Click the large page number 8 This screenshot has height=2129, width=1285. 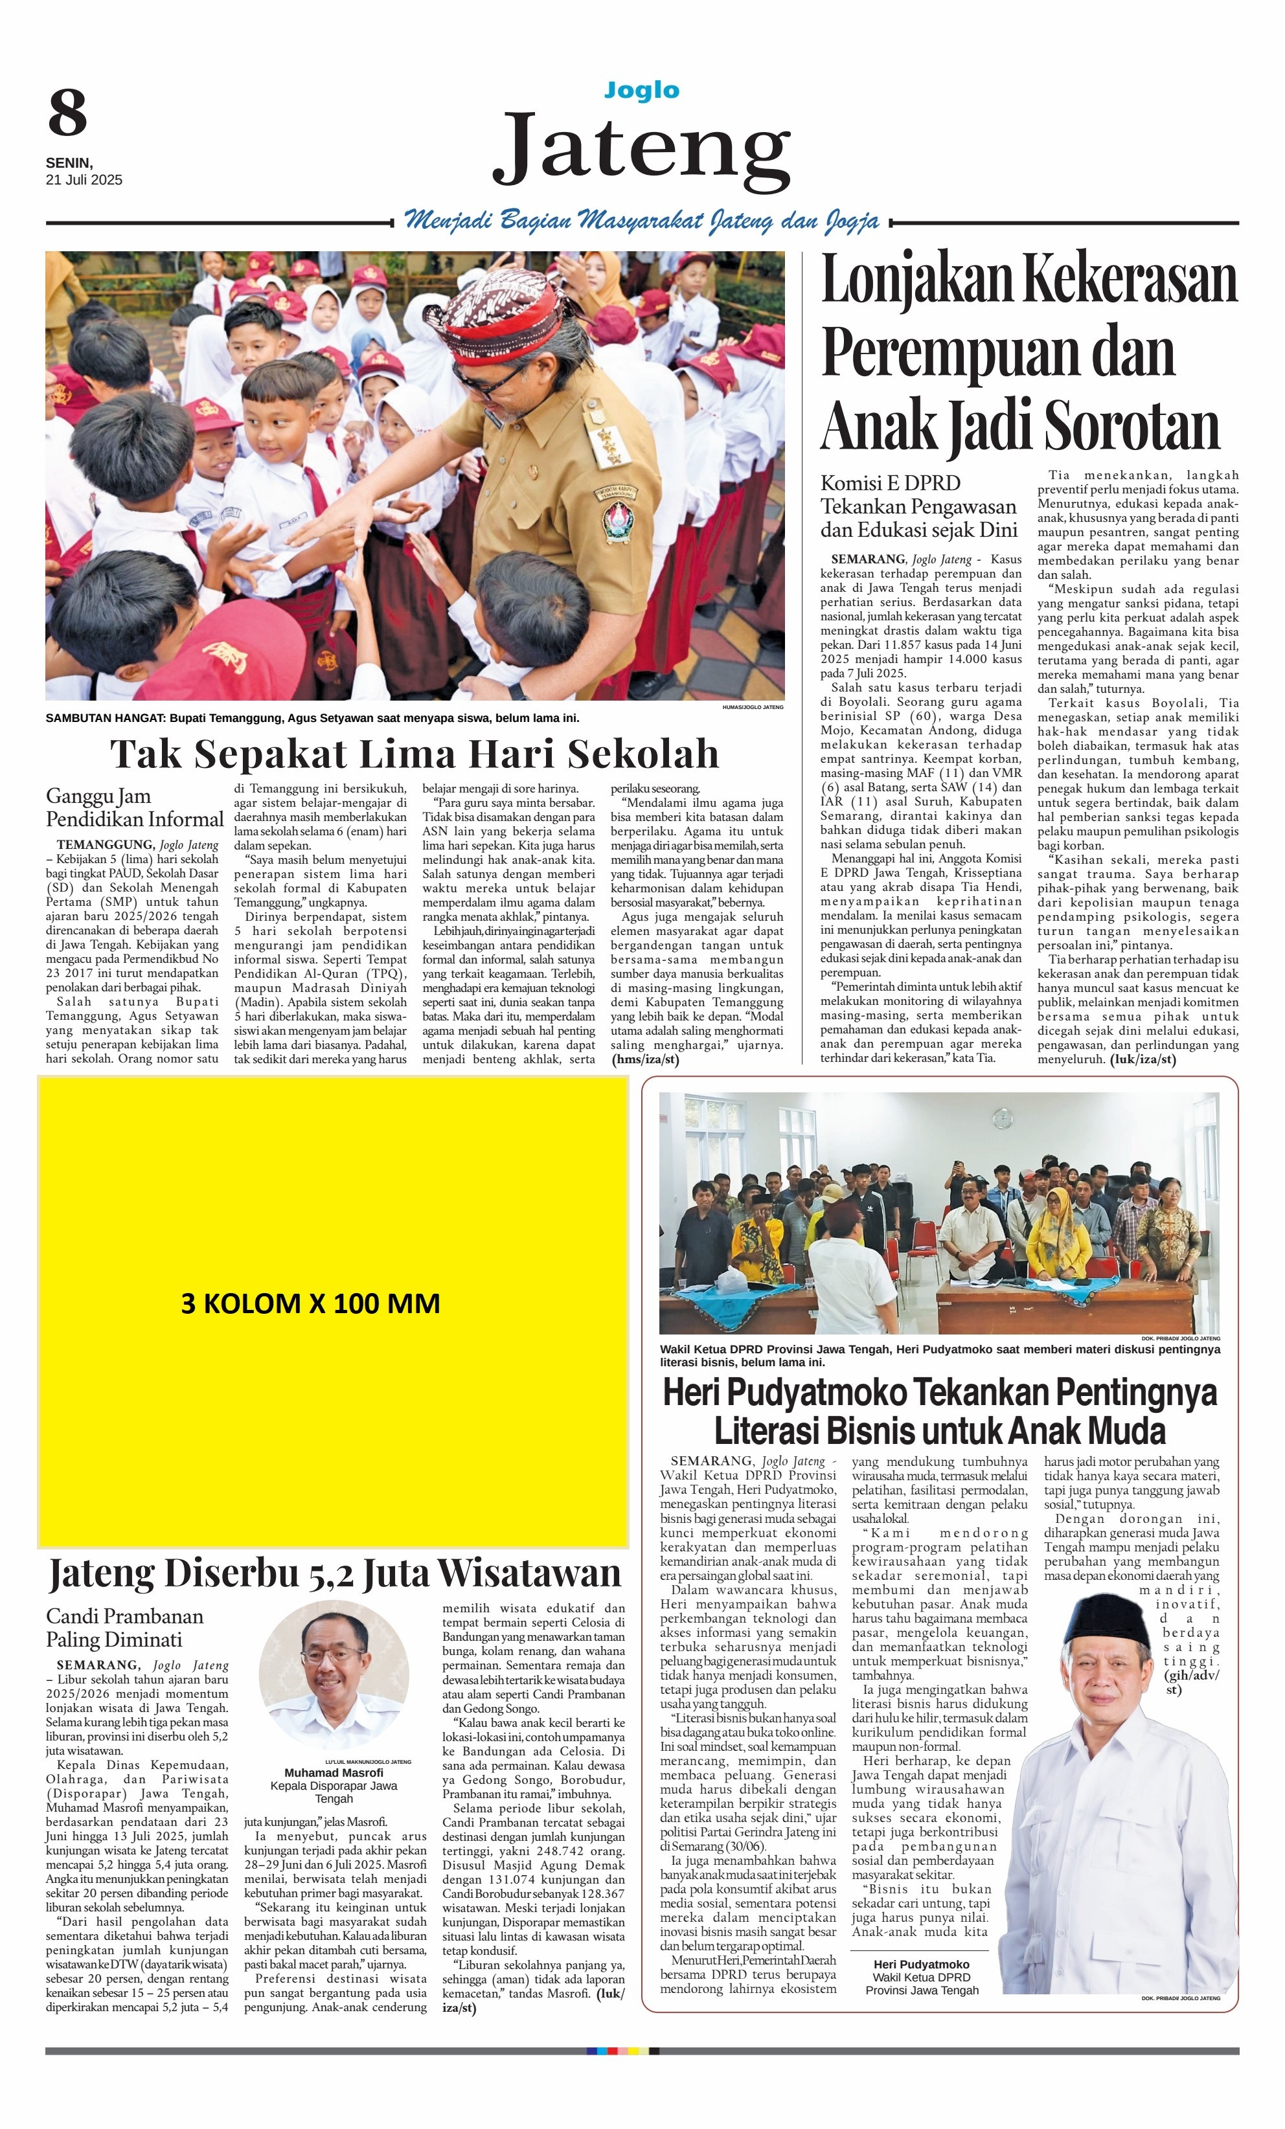pyautogui.click(x=67, y=113)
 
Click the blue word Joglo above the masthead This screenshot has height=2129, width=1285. pyautogui.click(x=641, y=91)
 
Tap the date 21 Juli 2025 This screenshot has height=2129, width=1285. pyautogui.click(x=84, y=181)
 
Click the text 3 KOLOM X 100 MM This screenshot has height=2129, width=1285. pyautogui.click(x=310, y=1303)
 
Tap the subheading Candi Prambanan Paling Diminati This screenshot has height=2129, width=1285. pyautogui.click(x=124, y=1628)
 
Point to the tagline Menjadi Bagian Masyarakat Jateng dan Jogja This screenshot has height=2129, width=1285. pyautogui.click(x=642, y=221)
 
